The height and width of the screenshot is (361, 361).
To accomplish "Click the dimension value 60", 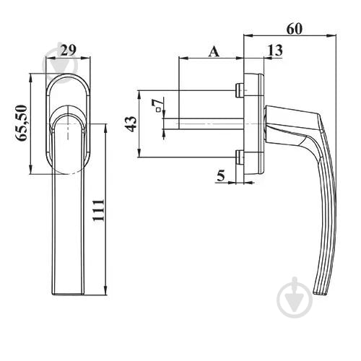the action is [x=294, y=29].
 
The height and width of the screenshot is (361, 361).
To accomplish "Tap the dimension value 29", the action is [x=68, y=50].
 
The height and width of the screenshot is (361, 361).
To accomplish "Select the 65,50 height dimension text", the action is [x=21, y=123].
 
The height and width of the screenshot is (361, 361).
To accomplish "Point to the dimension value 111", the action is [x=99, y=210].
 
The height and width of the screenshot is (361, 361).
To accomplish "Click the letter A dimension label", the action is [x=214, y=52].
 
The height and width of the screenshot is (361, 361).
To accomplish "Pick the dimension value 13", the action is [x=275, y=50].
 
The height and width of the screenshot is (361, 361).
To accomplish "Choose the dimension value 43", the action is [x=131, y=123].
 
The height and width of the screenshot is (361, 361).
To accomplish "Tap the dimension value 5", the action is [x=221, y=175].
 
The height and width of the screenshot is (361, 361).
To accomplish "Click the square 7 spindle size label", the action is [x=158, y=105].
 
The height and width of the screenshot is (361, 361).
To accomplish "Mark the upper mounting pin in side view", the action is [x=239, y=90].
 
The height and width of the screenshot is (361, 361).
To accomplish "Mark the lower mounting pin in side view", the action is [x=240, y=157].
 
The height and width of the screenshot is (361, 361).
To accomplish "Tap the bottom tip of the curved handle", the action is [x=320, y=293].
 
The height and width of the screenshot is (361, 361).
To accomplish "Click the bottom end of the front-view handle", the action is [x=69, y=294].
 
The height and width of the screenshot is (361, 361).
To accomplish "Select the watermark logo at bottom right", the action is [x=295, y=298].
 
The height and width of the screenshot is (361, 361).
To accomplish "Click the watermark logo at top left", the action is [x=60, y=63].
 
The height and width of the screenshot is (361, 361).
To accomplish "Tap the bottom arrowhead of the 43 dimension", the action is [x=139, y=154].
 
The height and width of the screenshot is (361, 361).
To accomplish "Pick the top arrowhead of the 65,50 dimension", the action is [x=30, y=77].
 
